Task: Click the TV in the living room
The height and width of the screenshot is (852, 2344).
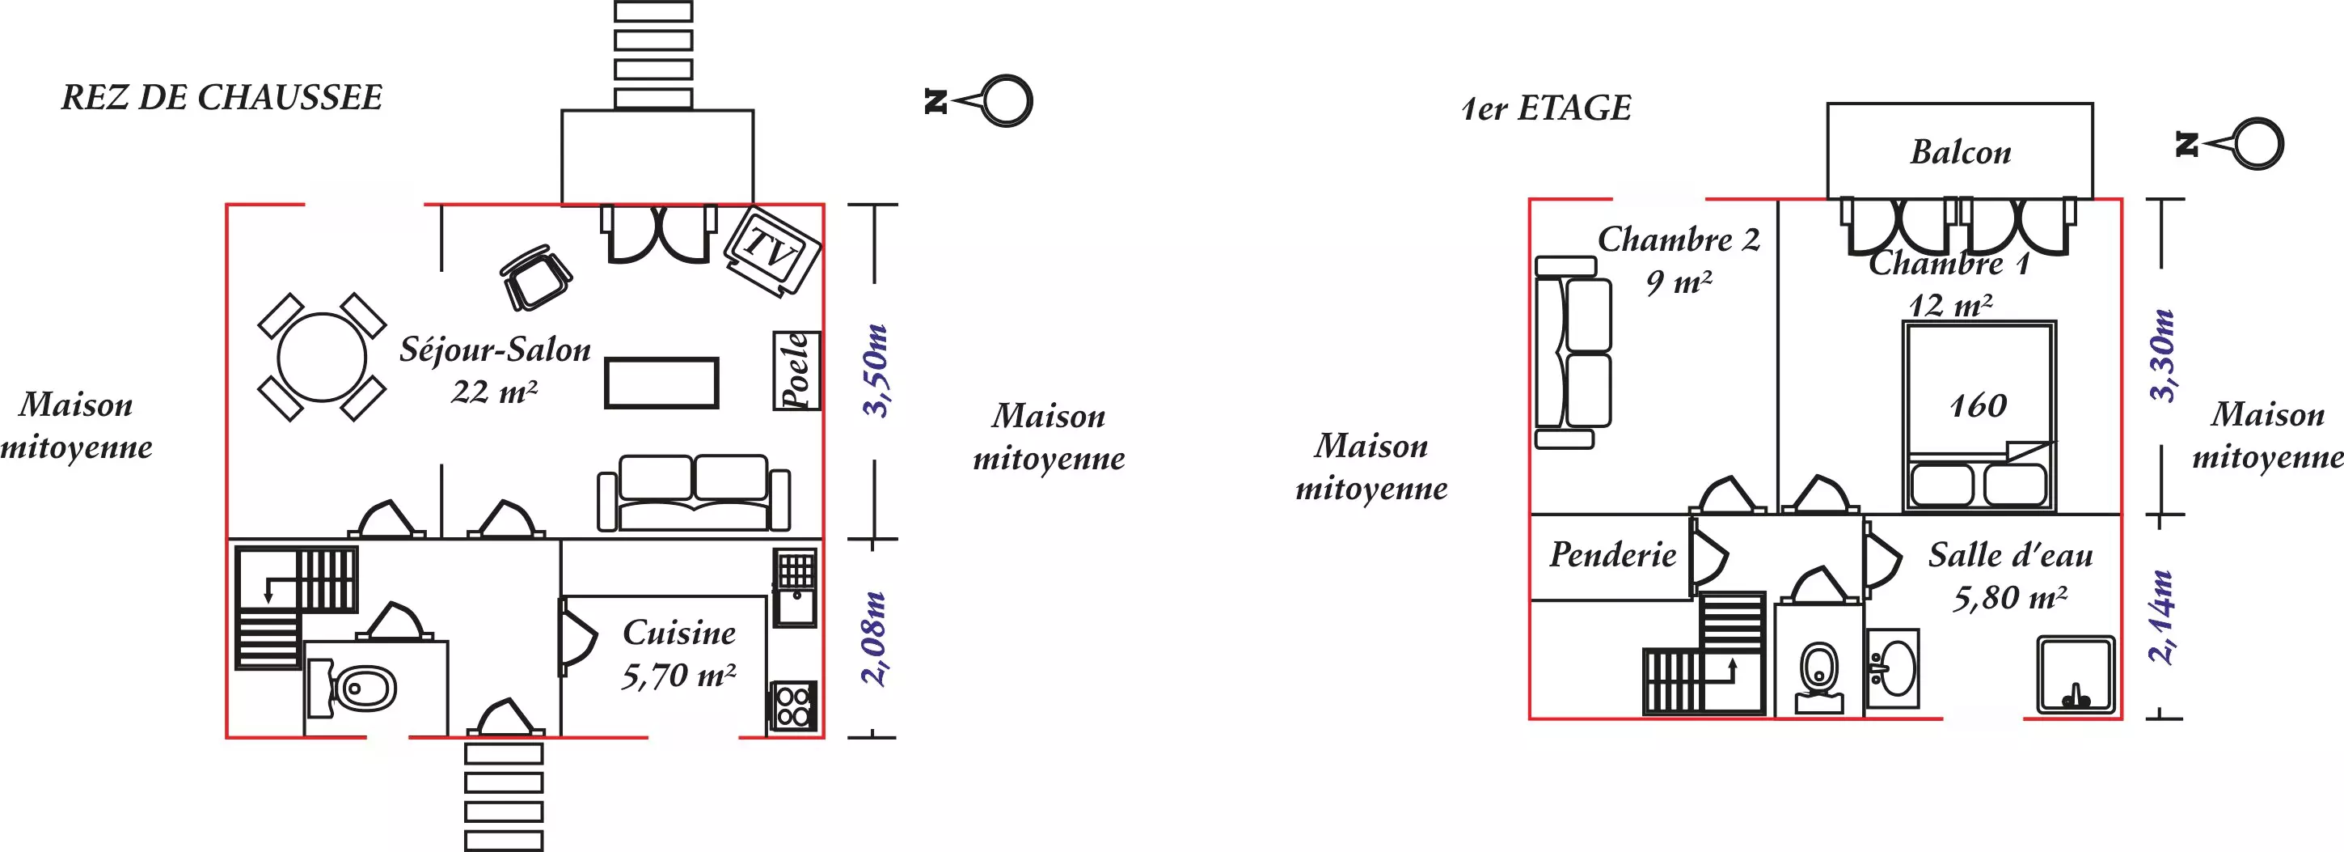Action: tap(772, 249)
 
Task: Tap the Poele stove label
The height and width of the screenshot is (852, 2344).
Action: tap(796, 371)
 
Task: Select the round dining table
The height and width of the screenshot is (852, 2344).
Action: tap(321, 357)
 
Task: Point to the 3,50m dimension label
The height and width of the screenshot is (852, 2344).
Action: tap(876, 371)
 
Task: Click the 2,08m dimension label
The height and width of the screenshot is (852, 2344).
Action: tap(873, 638)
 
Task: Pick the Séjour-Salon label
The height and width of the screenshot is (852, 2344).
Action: tap(495, 350)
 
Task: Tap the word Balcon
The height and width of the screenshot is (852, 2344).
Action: tap(1960, 152)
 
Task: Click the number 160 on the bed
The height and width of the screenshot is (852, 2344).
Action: tap(1979, 406)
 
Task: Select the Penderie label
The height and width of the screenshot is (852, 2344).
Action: tap(1612, 555)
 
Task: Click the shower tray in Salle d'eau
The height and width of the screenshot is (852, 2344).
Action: tap(2076, 676)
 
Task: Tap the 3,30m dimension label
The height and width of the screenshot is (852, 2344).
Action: tap(2162, 356)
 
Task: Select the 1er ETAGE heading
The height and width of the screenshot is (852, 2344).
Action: tap(1546, 108)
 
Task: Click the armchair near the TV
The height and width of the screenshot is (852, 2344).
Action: tap(536, 277)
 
